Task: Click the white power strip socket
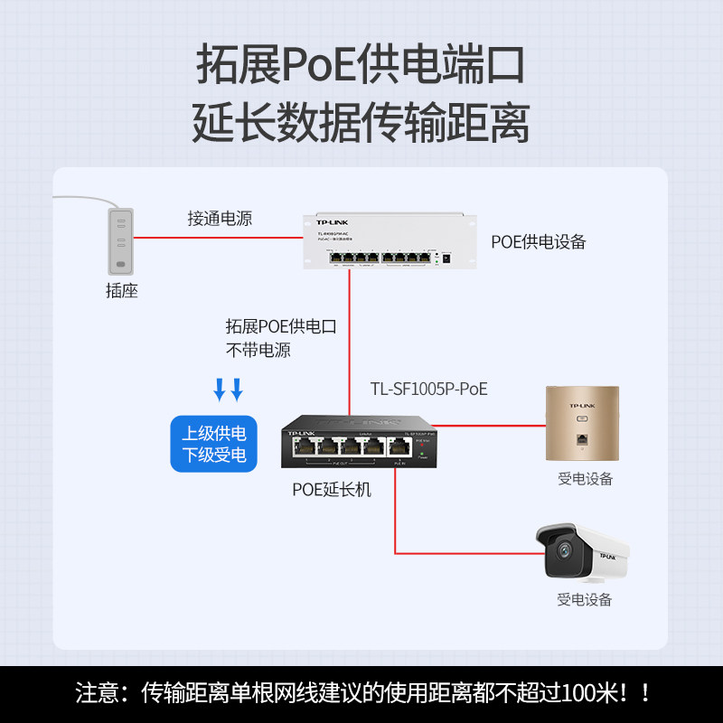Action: (x=120, y=241)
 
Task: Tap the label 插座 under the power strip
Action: (x=121, y=291)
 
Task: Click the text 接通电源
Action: (x=220, y=218)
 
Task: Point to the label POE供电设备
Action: (x=539, y=241)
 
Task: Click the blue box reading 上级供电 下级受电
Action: (x=214, y=443)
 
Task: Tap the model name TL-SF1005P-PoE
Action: (x=428, y=389)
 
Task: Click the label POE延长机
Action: (x=332, y=490)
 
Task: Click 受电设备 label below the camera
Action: (x=585, y=599)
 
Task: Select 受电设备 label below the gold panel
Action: (x=585, y=478)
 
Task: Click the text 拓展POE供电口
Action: (x=281, y=326)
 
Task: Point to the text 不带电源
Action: (x=258, y=350)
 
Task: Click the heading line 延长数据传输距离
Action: (x=361, y=122)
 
